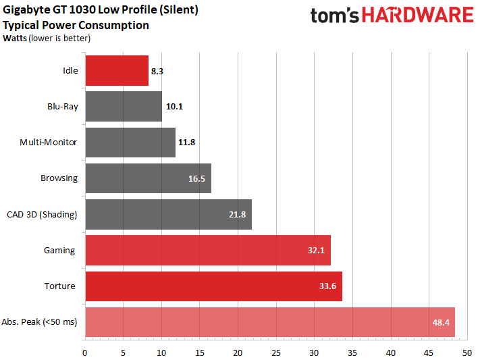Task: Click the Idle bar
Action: click(116, 71)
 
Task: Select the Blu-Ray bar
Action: click(123, 107)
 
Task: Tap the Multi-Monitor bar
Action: click(130, 143)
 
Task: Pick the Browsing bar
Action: click(135, 178)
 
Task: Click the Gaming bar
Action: click(203, 251)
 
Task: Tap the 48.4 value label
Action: click(442, 322)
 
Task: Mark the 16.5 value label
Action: click(197, 179)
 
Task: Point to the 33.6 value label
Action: click(328, 286)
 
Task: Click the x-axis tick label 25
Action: click(275, 352)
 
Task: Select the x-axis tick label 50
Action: click(466, 352)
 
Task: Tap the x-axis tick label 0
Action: click(84, 352)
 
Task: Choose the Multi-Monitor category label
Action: click(49, 143)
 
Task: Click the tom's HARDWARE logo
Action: click(392, 16)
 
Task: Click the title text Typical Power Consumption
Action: click(76, 26)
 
